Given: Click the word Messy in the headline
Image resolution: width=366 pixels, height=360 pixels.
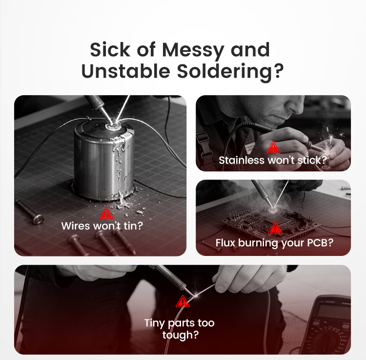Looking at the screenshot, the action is click(193, 50).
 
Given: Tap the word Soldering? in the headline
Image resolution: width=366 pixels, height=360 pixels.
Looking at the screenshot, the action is click(230, 71).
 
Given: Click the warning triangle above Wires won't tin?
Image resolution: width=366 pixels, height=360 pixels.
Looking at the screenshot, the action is click(106, 213).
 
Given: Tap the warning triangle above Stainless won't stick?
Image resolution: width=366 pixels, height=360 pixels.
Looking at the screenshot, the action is click(273, 147).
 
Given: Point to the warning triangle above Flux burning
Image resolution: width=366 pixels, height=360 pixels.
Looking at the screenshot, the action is click(275, 228).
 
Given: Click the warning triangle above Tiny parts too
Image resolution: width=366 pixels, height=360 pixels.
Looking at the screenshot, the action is click(183, 301).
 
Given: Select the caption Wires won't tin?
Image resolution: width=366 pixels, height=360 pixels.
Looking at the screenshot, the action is click(102, 226).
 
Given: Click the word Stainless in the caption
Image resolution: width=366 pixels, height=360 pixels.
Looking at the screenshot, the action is click(242, 160).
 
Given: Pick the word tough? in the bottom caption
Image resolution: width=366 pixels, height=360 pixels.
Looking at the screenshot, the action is click(181, 335).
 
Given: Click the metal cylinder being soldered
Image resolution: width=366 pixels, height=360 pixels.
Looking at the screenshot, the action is click(104, 161).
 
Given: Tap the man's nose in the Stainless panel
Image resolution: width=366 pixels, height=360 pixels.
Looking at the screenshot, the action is click(296, 103).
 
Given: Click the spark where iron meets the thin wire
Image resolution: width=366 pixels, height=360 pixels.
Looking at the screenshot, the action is click(195, 296).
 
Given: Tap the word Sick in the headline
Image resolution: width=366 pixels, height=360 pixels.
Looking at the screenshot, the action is click(110, 50).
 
